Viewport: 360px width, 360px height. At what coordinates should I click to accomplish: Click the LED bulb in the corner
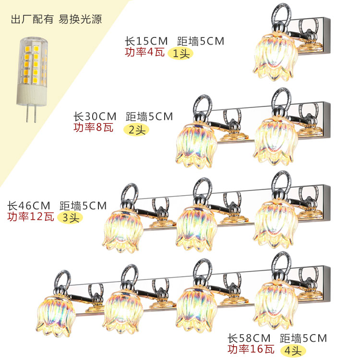[x=33, y=72]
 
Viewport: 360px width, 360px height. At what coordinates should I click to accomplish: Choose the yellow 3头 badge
[x=70, y=217]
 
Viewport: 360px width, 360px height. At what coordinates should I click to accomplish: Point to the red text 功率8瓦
[x=94, y=128]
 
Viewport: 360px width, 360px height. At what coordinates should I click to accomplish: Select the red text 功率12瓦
[x=29, y=216]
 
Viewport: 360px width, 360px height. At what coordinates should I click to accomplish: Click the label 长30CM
[x=95, y=117]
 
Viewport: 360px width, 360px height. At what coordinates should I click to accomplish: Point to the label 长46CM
[x=28, y=205]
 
